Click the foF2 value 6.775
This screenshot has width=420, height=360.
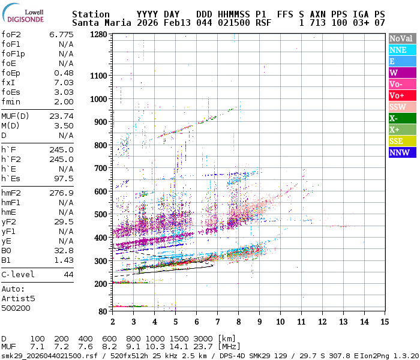click(x=61, y=34)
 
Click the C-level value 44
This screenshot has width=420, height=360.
click(x=68, y=274)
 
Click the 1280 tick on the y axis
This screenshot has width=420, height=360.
click(x=98, y=34)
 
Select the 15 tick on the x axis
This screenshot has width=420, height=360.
click(x=385, y=322)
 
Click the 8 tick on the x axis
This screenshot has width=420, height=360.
click(x=238, y=322)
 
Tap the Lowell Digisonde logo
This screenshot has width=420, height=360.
click(x=26, y=14)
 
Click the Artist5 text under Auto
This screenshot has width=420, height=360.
click(x=19, y=298)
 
